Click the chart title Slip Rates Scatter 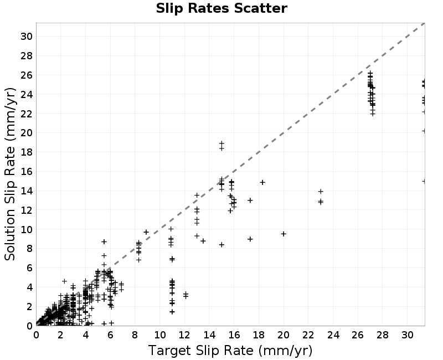(221, 8)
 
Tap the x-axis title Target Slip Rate (200, 351)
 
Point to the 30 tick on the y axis (27, 36)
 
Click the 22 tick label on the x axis (308, 335)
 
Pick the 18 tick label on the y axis (27, 152)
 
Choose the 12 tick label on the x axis (184, 335)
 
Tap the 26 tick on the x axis (358, 335)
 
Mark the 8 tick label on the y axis (29, 249)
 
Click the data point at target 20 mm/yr (284, 234)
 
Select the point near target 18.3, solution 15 (262, 183)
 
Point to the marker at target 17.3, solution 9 (250, 239)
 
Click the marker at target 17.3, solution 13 (250, 200)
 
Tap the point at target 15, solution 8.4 (222, 245)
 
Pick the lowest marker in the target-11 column (172, 312)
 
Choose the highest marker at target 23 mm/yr (321, 192)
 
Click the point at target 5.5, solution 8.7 (104, 241)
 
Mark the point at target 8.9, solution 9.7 (146, 232)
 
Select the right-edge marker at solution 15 (424, 181)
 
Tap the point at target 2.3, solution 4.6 (64, 281)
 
